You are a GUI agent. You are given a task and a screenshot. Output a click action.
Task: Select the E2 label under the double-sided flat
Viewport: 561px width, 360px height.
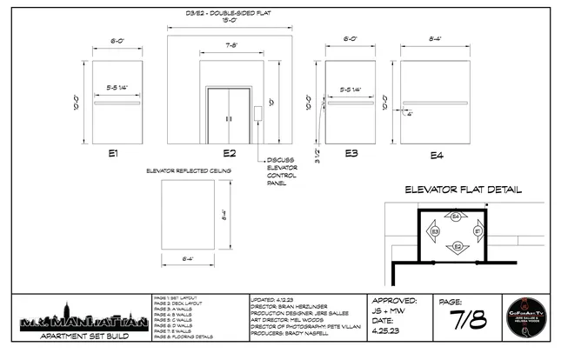point(230,153)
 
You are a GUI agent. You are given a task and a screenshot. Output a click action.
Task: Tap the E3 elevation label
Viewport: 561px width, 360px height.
point(351,153)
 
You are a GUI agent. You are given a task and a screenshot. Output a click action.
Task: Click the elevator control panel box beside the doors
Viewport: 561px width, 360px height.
point(258,113)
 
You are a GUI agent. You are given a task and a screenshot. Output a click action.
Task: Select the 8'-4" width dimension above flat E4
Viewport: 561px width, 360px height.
point(436,38)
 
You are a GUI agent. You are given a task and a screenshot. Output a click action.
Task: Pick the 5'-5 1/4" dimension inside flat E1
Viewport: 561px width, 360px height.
point(118,88)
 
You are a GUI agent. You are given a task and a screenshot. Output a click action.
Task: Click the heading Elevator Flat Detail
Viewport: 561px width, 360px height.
point(463,190)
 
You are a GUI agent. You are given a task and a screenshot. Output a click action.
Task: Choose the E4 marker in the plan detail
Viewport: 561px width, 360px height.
point(456,215)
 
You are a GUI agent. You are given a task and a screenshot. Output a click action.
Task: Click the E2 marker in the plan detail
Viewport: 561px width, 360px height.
point(456,248)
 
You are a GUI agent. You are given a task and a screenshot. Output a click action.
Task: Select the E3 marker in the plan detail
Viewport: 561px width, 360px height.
point(434,232)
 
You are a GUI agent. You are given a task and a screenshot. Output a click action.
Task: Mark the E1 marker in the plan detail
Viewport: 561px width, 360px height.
point(478,232)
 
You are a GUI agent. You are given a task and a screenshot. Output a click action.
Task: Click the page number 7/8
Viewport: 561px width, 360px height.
point(467,320)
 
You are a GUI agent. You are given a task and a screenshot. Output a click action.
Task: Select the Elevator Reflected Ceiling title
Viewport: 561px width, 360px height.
point(188,172)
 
